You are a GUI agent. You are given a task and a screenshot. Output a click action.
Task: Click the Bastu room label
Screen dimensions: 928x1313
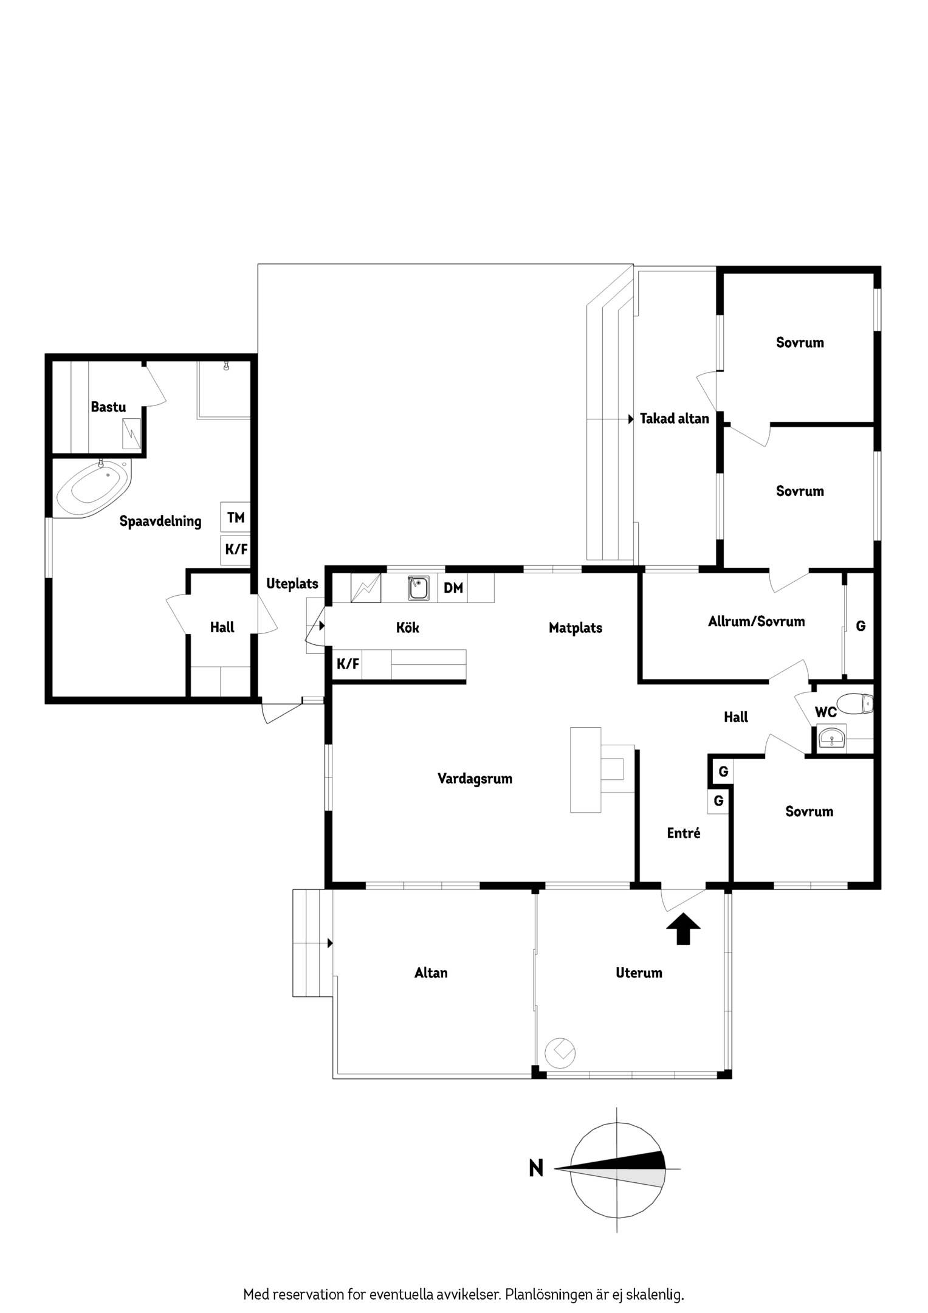(108, 407)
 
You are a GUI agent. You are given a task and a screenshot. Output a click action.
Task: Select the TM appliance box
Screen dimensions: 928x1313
(236, 517)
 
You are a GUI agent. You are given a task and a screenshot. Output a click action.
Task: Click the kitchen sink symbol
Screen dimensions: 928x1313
(418, 588)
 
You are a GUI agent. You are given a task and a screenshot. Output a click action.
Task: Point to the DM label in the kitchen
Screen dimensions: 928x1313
(453, 588)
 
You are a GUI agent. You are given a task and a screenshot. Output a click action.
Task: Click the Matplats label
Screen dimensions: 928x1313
(575, 628)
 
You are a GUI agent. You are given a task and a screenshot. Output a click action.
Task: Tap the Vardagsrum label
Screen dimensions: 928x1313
(475, 779)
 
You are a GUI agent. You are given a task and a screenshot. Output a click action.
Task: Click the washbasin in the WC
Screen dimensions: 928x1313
(830, 739)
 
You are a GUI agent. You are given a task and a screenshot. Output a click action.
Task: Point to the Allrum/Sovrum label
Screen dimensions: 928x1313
(756, 621)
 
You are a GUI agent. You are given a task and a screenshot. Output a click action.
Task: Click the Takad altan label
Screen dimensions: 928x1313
(674, 419)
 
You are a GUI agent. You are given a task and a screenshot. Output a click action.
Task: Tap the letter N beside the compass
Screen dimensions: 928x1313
(535, 1168)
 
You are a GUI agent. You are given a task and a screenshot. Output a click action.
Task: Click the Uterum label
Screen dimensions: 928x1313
(639, 973)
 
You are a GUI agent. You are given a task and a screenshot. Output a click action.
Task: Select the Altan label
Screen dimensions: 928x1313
(431, 973)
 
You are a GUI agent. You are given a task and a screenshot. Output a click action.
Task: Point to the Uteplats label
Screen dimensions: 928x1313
(292, 584)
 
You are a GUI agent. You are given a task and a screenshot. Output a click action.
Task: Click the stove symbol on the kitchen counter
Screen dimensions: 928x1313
(366, 588)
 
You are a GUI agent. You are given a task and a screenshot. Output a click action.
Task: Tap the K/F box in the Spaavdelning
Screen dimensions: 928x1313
(236, 550)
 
